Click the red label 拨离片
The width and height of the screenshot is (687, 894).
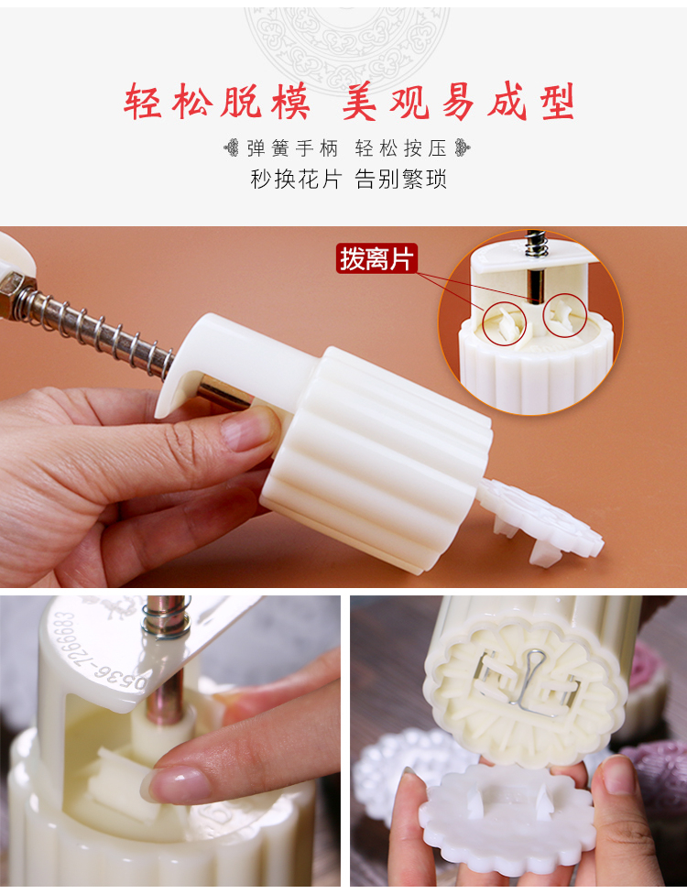[376, 259]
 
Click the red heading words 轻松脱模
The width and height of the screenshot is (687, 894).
[217, 102]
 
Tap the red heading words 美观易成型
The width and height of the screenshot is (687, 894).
[458, 102]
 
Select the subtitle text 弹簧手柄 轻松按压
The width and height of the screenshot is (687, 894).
[346, 148]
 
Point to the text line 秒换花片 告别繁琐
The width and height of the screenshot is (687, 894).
[348, 179]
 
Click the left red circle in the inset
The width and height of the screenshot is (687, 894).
[505, 323]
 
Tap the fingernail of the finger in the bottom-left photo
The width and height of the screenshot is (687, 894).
[173, 784]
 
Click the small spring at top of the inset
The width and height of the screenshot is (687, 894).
[535, 244]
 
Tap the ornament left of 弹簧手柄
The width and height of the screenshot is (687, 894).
[232, 148]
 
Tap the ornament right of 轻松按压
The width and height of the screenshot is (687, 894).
[463, 148]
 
